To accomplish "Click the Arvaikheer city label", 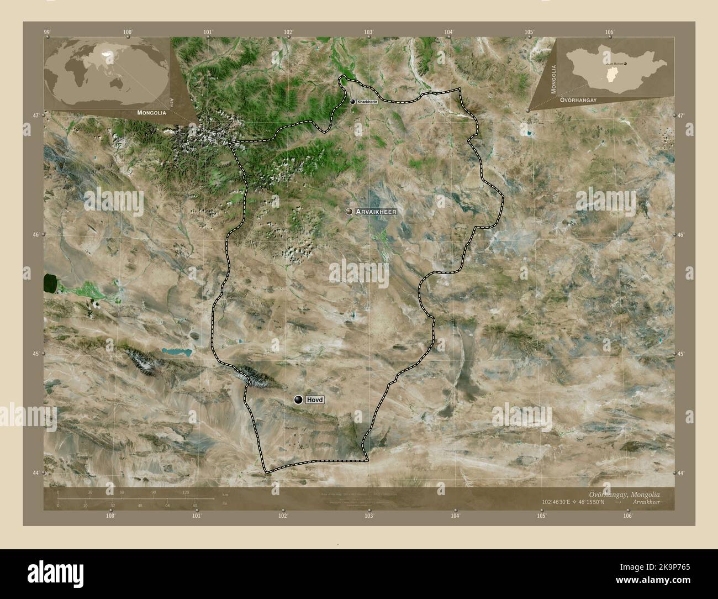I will click(x=376, y=212).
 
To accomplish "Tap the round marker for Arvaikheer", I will click(x=349, y=212).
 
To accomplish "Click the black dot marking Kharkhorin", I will click(x=352, y=102).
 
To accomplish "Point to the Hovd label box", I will click(x=315, y=400).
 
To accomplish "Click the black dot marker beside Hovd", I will click(x=299, y=400).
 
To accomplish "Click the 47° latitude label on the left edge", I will click(x=36, y=115).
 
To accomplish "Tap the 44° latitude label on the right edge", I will click(x=681, y=474).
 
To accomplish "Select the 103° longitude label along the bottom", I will click(x=369, y=516).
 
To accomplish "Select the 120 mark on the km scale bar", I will click(x=186, y=492).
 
